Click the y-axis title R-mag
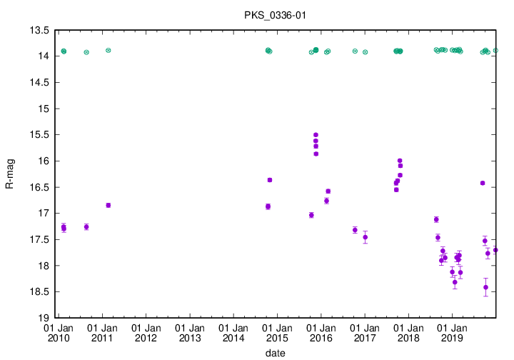[x=10, y=174]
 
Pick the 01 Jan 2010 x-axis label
[x=58, y=332]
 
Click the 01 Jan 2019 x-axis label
[x=452, y=332]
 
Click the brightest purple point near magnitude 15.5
[x=316, y=135]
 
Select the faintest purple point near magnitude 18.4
[x=485, y=287]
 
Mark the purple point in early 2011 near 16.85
[x=108, y=205]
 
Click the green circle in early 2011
[x=108, y=50]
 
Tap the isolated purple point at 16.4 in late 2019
[x=483, y=184]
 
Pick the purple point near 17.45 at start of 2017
[x=365, y=237]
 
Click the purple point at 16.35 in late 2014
[x=270, y=180]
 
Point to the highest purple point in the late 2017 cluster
[x=400, y=161]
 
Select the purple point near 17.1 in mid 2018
[x=436, y=219]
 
